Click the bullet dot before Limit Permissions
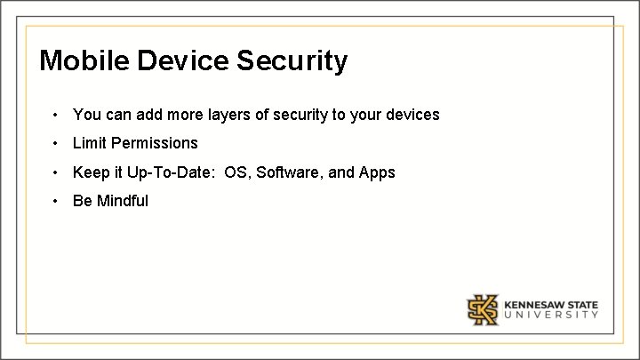55,143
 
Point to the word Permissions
156,143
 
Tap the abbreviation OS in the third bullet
236,172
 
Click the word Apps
377,172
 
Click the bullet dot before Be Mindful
55,201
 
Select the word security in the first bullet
306,115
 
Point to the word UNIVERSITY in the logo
551,315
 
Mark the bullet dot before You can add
55,115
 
